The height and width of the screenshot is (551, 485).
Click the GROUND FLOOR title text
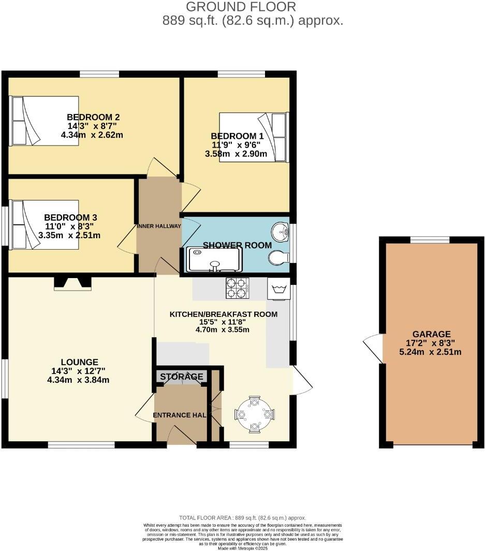click(x=241, y=7)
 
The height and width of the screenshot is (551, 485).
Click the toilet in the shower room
click(x=278, y=257)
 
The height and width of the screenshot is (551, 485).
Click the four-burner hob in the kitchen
click(x=237, y=288)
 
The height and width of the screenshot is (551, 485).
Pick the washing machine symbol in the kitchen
click(x=278, y=288)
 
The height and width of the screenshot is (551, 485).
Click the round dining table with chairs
click(x=254, y=414)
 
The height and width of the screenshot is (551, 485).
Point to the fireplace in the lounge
click(x=72, y=283)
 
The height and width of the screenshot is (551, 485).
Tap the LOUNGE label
click(x=79, y=361)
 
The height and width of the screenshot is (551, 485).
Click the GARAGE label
click(x=431, y=334)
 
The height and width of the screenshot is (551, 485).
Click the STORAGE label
click(x=181, y=376)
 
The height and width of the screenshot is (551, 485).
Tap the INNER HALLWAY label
click(x=159, y=226)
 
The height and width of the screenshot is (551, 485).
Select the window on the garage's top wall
click(x=430, y=240)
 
